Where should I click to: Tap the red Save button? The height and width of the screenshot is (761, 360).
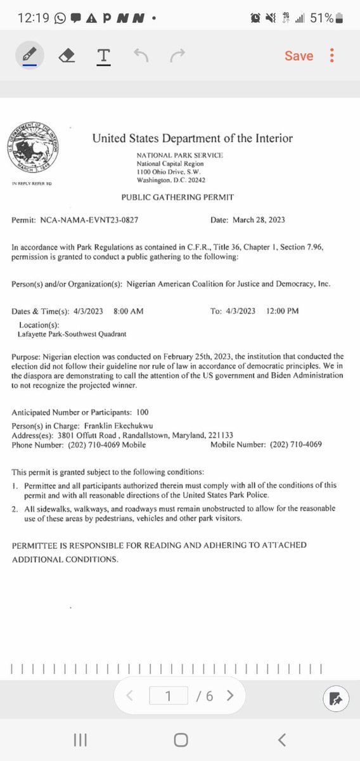299,56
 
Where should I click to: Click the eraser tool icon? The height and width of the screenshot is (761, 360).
67,56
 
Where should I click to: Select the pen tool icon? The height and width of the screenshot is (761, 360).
29,56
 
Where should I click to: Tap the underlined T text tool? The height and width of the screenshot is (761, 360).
104,56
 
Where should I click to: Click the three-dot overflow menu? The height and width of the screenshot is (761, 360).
332,56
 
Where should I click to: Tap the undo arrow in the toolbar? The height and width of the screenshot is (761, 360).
141,56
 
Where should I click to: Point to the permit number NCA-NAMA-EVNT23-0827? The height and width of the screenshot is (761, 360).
89,220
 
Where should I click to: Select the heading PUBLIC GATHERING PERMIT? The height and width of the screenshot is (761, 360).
177,198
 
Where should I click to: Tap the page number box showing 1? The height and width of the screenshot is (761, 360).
169,696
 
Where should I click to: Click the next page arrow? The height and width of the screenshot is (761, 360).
230,696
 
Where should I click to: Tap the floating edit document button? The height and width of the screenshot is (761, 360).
336,699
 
